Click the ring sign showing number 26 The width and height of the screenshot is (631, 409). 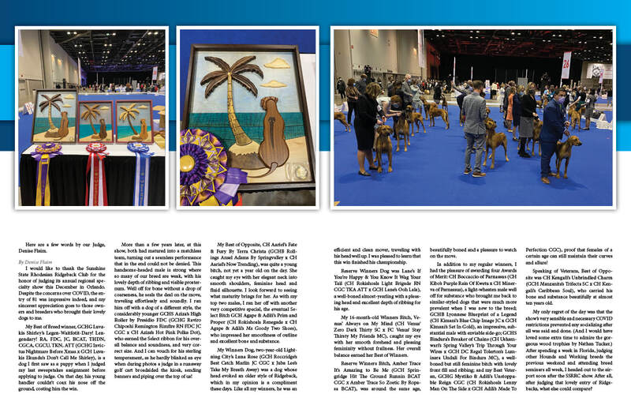coord(566,61)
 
